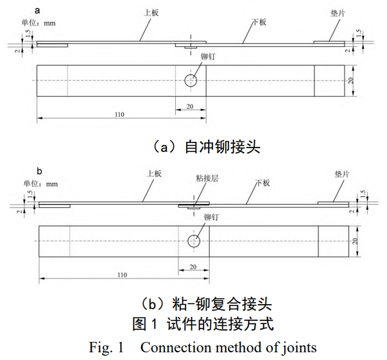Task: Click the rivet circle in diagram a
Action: click(x=191, y=80)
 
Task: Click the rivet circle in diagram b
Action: click(x=193, y=241)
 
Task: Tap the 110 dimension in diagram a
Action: click(x=119, y=114)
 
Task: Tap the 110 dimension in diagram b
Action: click(x=121, y=275)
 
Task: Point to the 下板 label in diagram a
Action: click(x=259, y=22)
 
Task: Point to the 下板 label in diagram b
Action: click(x=262, y=183)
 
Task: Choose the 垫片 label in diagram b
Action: click(x=342, y=173)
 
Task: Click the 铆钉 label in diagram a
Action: click(x=208, y=57)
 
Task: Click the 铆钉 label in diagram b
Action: click(x=211, y=218)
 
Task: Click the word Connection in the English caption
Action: click(x=173, y=347)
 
